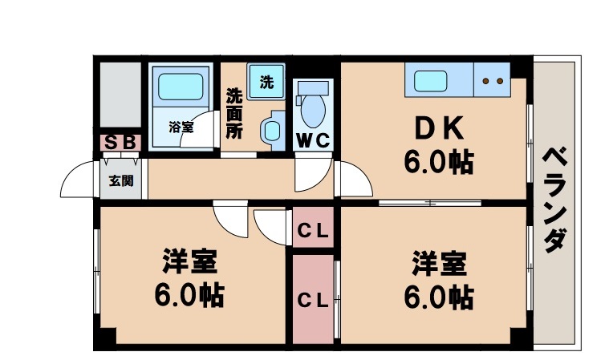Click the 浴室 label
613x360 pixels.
point(181,126)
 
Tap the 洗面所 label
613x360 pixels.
point(233,113)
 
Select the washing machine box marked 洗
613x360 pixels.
point(266,80)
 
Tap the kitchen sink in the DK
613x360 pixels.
point(432,80)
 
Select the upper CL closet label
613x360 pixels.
point(313,233)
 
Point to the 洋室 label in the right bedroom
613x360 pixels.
point(439,261)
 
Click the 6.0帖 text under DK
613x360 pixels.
point(437,163)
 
